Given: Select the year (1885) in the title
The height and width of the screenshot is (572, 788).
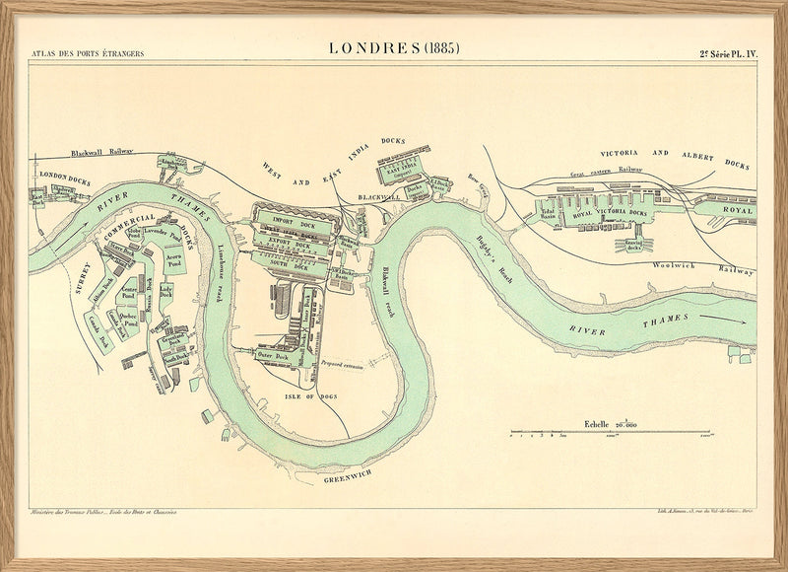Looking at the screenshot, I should pos(440,48).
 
